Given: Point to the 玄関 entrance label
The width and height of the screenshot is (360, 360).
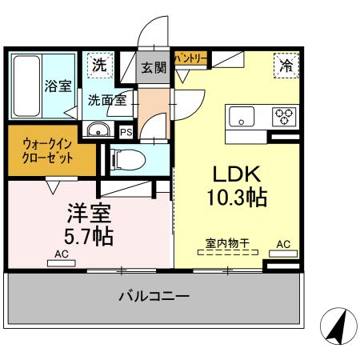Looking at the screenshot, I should click(x=154, y=67).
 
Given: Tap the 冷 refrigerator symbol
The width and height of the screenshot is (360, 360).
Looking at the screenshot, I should click(x=286, y=66).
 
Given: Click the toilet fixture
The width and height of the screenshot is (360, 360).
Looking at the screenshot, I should click(x=128, y=160).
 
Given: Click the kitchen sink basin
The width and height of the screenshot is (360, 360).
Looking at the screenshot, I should click(x=241, y=117).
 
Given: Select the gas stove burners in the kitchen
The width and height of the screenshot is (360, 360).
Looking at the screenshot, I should click(x=284, y=117).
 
